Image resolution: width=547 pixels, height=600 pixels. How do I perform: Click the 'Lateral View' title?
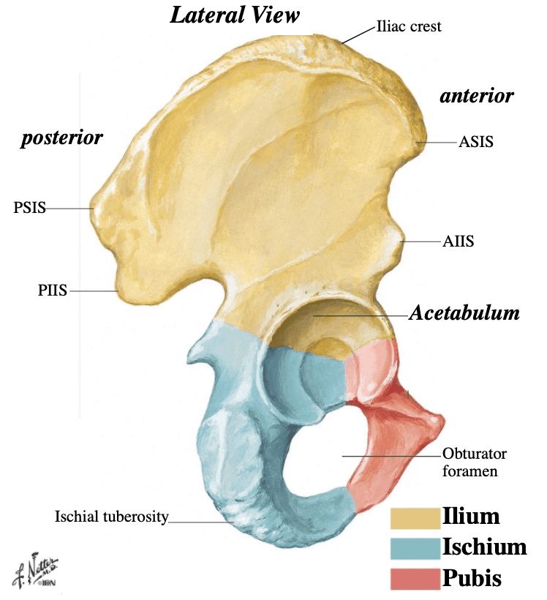click(x=235, y=15)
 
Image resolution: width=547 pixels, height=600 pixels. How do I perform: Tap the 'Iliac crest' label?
click(x=409, y=26)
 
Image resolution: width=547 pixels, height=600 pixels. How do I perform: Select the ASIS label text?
click(x=476, y=142)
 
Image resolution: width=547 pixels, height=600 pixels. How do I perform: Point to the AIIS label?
click(x=459, y=241)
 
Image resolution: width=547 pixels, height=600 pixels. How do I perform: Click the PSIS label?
click(x=29, y=208)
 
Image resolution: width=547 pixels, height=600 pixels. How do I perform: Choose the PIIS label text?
click(x=53, y=290)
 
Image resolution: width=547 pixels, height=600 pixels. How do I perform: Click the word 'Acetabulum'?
click(x=464, y=313)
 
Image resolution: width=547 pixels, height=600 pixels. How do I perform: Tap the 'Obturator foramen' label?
click(x=475, y=462)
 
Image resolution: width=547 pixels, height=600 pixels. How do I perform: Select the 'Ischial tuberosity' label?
click(x=111, y=517)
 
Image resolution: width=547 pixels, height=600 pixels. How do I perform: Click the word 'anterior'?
click(x=477, y=96)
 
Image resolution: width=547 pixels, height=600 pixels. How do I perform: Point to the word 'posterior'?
click(x=61, y=138)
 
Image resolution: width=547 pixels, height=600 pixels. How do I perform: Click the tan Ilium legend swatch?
click(x=415, y=519)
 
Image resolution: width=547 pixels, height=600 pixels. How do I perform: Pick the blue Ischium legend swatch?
click(x=415, y=548)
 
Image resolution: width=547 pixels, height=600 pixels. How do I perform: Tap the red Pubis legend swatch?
click(x=415, y=579)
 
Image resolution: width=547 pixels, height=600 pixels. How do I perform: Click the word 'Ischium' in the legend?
click(x=485, y=547)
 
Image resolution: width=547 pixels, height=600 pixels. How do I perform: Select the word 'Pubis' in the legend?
click(x=472, y=577)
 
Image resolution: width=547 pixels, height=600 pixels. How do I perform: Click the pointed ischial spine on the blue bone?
click(x=192, y=358)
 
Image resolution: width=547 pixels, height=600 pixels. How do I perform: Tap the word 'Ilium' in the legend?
click(x=471, y=516)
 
